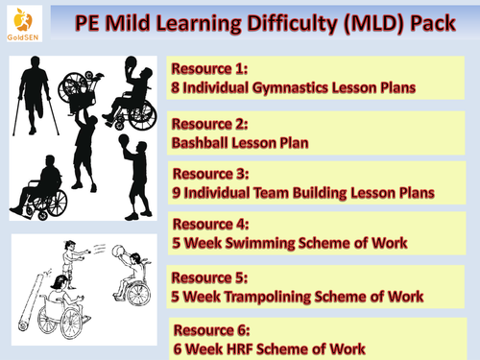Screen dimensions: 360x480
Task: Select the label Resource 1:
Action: [210, 69]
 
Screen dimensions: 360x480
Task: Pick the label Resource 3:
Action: [210, 175]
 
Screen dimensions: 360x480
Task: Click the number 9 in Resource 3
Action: [177, 193]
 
